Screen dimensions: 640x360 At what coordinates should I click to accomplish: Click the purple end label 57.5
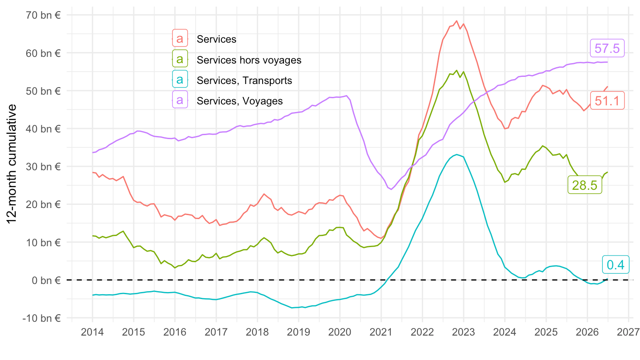(607, 48)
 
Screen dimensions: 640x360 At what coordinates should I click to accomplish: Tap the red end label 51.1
(607, 100)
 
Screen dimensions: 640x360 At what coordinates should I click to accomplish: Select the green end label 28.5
(584, 185)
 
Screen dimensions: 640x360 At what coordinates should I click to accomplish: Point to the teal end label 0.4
(616, 265)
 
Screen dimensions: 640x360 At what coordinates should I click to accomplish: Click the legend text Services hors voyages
(249, 60)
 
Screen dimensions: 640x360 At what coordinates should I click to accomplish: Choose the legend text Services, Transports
(244, 80)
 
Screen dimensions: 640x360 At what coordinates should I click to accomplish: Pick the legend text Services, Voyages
(240, 101)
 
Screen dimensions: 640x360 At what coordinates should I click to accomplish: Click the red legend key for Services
(180, 38)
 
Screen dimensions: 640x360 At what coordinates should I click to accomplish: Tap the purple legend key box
(180, 100)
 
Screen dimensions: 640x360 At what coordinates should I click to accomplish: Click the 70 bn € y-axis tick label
(43, 15)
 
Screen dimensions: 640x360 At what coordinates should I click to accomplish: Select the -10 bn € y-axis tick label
(41, 318)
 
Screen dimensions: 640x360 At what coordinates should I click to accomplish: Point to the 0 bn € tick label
(46, 280)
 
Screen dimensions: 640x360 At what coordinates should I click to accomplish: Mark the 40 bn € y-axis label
(43, 129)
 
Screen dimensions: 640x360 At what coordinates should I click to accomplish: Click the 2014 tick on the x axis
(92, 332)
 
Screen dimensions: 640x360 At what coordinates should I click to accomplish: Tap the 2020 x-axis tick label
(340, 332)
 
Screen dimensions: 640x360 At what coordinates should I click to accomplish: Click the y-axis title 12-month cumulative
(12, 164)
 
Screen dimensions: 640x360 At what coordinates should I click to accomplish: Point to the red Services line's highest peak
(456, 21)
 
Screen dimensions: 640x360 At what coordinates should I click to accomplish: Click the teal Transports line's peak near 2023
(457, 155)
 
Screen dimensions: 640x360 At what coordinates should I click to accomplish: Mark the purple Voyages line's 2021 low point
(391, 189)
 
